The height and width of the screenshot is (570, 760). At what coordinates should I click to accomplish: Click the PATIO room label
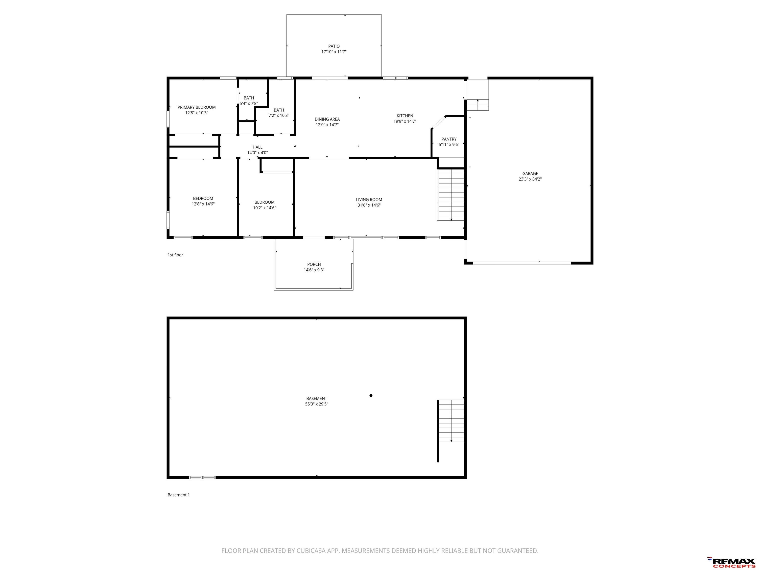[x=334, y=46]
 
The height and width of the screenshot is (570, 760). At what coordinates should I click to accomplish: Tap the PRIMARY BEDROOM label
[x=196, y=107]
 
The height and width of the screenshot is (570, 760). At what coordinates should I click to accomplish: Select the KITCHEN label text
[x=405, y=116]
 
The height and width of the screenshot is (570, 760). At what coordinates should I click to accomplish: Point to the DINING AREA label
[x=327, y=119]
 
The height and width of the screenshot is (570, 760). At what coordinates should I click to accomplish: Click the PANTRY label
[x=449, y=139]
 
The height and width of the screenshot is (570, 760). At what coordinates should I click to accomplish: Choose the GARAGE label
[x=530, y=173]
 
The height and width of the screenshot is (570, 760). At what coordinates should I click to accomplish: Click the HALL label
[x=257, y=147]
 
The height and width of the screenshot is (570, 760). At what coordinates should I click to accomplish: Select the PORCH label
[x=314, y=264]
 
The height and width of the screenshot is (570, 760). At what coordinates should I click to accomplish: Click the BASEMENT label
[x=316, y=399]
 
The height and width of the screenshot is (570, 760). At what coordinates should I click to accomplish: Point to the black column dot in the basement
[x=371, y=395]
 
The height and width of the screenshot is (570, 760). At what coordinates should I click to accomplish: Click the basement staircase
[x=451, y=421]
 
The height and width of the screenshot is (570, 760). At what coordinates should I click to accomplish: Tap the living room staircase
[x=451, y=194]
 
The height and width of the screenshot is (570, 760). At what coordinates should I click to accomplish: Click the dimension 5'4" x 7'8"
[x=249, y=103]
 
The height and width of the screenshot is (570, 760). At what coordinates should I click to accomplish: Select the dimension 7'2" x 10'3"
[x=279, y=116]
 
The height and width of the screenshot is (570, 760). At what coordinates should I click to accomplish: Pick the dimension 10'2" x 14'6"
[x=264, y=208]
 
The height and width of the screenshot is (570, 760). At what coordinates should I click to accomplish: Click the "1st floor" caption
[x=175, y=255]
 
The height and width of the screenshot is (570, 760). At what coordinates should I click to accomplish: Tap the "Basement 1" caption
[x=178, y=495]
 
